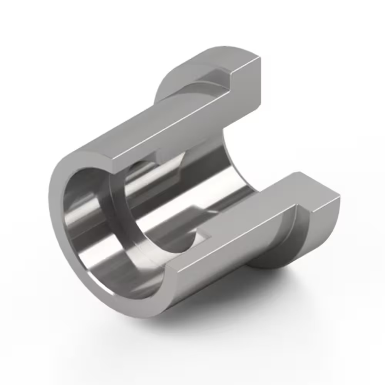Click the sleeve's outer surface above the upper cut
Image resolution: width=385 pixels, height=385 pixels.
click(x=127, y=127)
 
